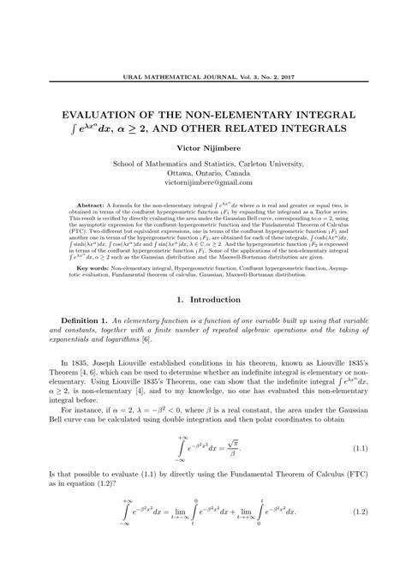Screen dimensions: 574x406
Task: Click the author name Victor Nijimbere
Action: click(203, 148)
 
